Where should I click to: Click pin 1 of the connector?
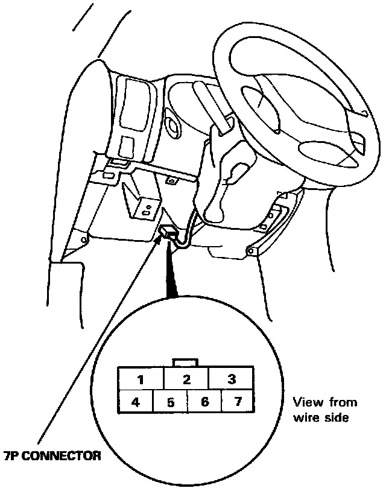click(x=141, y=380)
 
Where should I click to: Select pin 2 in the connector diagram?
click(x=186, y=380)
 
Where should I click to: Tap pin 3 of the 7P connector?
click(x=231, y=380)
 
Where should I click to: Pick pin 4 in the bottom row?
click(x=136, y=402)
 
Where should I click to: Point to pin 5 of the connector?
click(x=170, y=402)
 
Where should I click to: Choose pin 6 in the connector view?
click(x=204, y=402)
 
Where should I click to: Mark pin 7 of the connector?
click(x=238, y=402)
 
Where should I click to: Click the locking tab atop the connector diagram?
click(x=186, y=363)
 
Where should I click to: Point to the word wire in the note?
click(x=305, y=416)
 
